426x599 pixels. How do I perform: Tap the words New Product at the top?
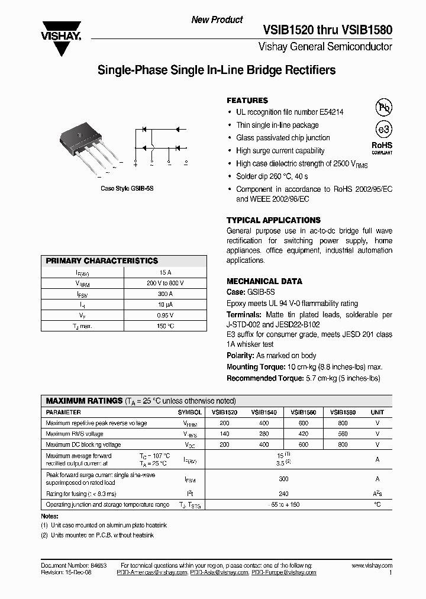(217, 20)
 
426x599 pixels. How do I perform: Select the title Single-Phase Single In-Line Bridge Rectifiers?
(216, 70)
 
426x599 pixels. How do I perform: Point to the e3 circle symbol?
(383, 130)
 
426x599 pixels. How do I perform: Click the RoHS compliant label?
(382, 147)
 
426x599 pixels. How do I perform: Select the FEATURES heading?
(247, 101)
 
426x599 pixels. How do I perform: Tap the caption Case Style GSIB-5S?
(127, 188)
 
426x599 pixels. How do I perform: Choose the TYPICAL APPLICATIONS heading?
(273, 220)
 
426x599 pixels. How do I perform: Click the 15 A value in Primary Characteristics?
(166, 273)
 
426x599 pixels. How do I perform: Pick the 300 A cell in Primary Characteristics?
(166, 294)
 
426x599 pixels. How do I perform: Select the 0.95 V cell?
(166, 315)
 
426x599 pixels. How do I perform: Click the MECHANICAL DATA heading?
(264, 282)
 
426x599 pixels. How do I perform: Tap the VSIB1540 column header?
(264, 412)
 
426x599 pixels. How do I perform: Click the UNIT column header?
(377, 412)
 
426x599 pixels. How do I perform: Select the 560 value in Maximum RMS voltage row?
(343, 434)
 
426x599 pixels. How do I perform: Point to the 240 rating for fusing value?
(283, 493)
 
